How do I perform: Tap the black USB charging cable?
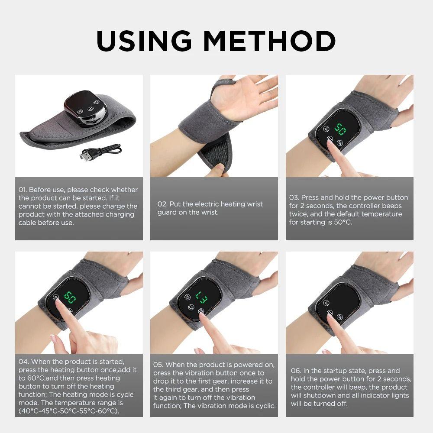point(101,152)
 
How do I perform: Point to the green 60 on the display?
point(69,297)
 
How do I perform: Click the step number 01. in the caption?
point(23,190)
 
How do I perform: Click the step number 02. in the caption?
point(162,204)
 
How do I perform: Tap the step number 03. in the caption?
point(294,197)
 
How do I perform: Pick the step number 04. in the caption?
point(23,361)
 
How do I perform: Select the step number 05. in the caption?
point(158,365)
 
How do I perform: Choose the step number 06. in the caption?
point(296,371)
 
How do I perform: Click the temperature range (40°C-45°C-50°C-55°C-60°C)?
point(68,410)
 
